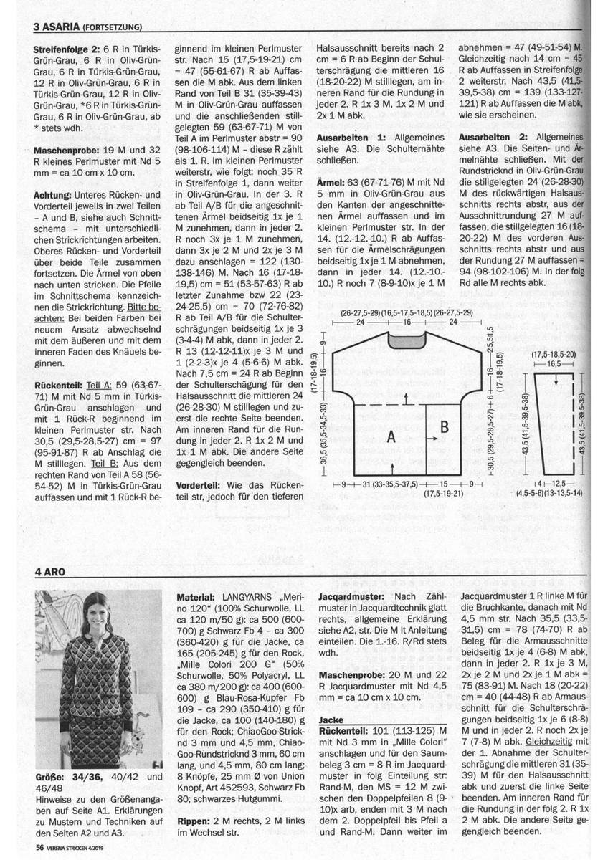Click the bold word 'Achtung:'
55,194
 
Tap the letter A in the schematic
392,436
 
